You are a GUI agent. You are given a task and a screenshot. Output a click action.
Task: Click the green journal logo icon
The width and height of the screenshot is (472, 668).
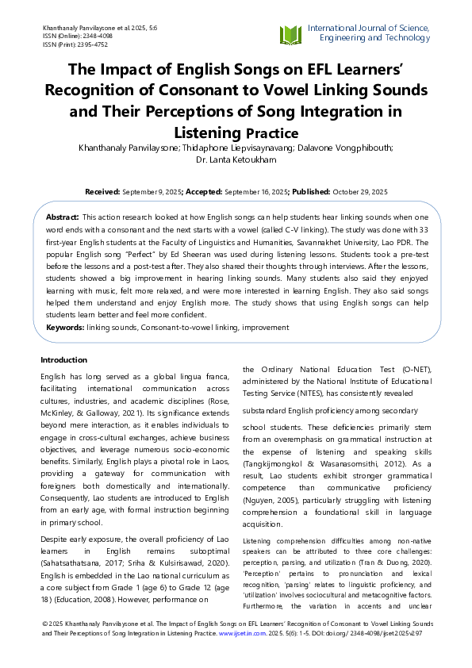coord(290,35)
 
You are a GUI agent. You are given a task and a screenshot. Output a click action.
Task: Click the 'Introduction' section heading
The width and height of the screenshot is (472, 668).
coord(63,359)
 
